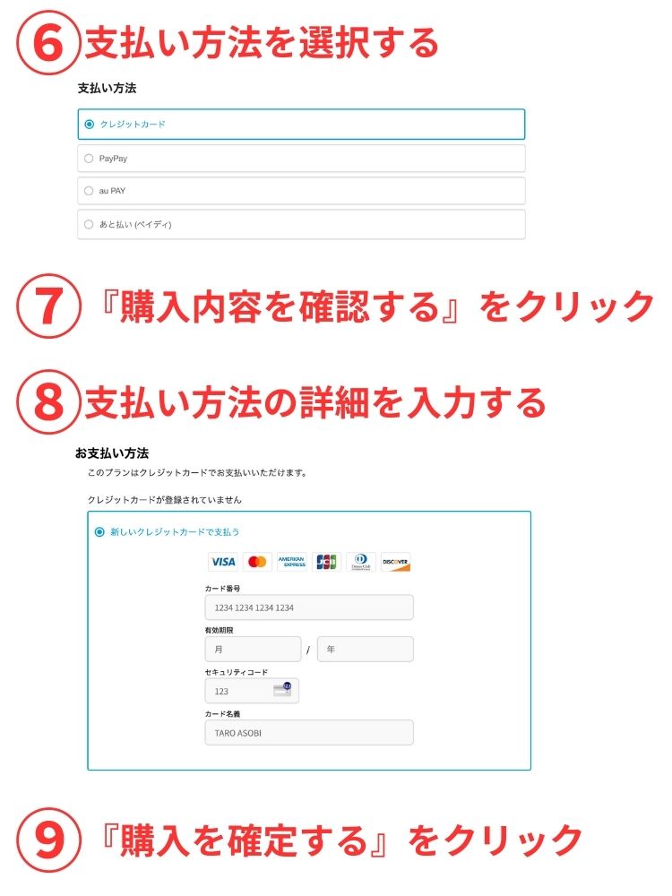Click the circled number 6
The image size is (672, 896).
tap(48, 43)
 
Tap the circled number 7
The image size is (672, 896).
tap(48, 306)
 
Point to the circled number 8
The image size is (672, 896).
tap(48, 401)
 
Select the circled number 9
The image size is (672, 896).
tap(48, 840)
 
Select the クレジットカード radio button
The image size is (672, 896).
tap(89, 124)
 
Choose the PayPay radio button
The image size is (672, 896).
tap(89, 159)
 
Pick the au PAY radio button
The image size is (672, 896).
tap(89, 191)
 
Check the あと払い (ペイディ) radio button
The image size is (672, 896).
tap(89, 224)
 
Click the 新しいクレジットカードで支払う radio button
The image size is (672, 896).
tap(99, 532)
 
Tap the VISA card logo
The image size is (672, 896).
tap(223, 563)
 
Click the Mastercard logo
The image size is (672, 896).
tap(257, 563)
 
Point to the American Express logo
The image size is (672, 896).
tap(292, 563)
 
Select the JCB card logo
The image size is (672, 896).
tap(326, 563)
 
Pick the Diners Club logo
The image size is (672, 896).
tap(361, 563)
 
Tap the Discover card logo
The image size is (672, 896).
tap(395, 563)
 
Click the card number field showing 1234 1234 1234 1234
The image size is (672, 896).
tap(309, 607)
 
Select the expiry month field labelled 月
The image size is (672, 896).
tap(254, 649)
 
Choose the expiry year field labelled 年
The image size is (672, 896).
tap(366, 649)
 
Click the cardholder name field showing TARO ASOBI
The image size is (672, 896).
tap(309, 733)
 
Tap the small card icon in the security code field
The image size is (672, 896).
tap(283, 689)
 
